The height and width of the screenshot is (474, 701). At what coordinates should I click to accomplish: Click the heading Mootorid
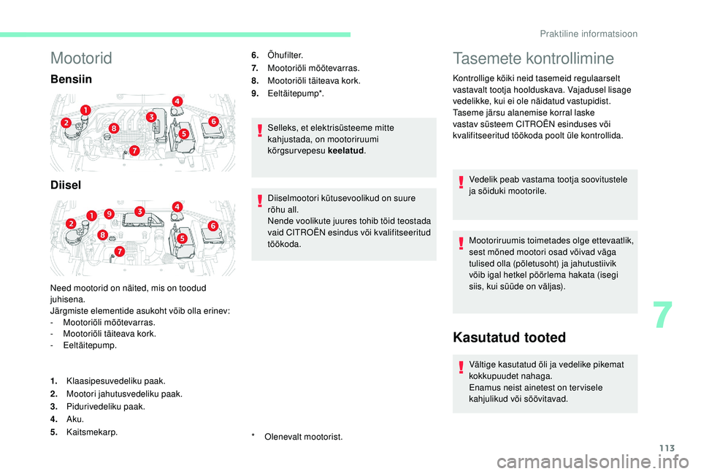pyautogui.click(x=81, y=58)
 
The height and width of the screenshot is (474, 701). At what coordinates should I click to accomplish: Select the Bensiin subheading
pyautogui.click(x=72, y=78)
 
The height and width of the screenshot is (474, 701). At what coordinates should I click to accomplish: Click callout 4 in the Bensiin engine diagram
pyautogui.click(x=177, y=101)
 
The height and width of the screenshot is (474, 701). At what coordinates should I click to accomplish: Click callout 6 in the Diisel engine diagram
pyautogui.click(x=213, y=226)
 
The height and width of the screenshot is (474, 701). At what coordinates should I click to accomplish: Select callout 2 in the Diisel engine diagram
pyautogui.click(x=71, y=222)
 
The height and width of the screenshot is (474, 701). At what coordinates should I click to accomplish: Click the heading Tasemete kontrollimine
pyautogui.click(x=534, y=58)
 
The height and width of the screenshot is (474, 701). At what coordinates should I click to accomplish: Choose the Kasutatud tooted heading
pyautogui.click(x=509, y=337)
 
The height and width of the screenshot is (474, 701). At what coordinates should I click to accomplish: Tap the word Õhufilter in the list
pyautogui.click(x=286, y=56)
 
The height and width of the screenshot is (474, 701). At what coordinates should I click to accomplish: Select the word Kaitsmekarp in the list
pyautogui.click(x=92, y=432)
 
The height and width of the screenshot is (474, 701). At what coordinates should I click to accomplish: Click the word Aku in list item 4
pyautogui.click(x=74, y=419)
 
